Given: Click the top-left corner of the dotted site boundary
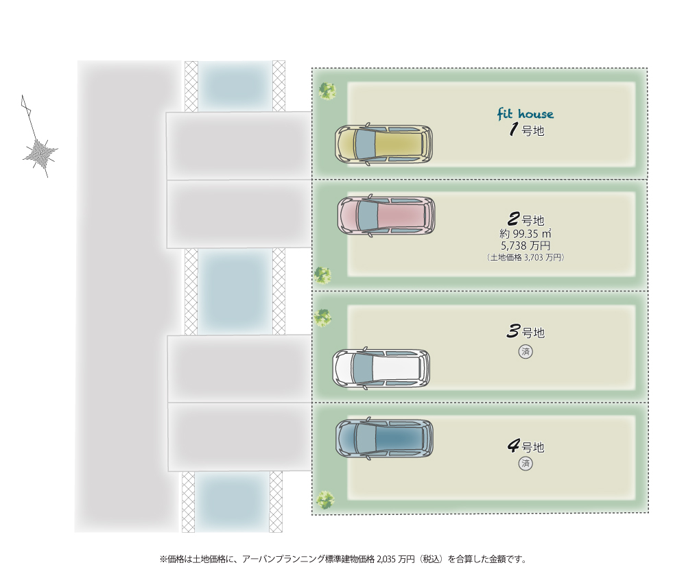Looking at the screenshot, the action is pos(312,68).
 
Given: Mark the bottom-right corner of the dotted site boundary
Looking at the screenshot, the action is pos(648,513).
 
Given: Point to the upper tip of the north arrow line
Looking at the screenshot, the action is pos(23,95).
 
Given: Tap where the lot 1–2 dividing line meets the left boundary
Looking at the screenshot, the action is pos(312,179).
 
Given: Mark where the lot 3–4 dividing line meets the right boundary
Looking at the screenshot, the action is pos(648,403).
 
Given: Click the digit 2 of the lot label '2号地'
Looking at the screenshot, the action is pos(514,219).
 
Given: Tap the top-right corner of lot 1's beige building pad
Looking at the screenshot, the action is pos(635,83).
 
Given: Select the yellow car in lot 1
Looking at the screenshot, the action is pos(383,144).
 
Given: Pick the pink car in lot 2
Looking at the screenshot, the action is pos(386,215).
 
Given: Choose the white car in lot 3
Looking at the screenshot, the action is pos(381,368).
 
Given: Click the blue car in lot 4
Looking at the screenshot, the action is pos(384,438).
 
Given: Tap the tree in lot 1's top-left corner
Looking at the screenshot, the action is pos(327,91).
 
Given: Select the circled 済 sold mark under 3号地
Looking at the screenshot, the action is pos(525,352).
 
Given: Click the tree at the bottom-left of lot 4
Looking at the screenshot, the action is pos(325,499).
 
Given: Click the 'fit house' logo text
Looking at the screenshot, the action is pos(525,114).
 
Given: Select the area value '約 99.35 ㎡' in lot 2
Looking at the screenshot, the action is pos(525,234).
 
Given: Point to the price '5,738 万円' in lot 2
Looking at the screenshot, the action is pos(525,245).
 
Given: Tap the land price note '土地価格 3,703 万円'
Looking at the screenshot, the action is pos(525,258).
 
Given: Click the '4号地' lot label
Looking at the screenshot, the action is pos(526,446).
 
